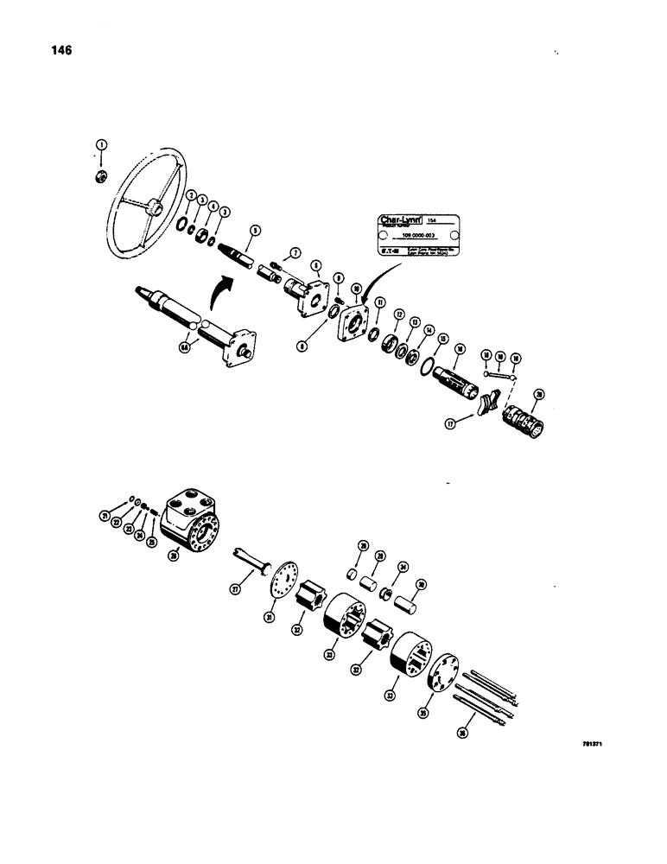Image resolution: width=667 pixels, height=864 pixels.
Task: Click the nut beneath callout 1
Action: click(x=101, y=178)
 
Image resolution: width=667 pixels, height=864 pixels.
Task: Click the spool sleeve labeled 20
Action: click(x=522, y=421)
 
